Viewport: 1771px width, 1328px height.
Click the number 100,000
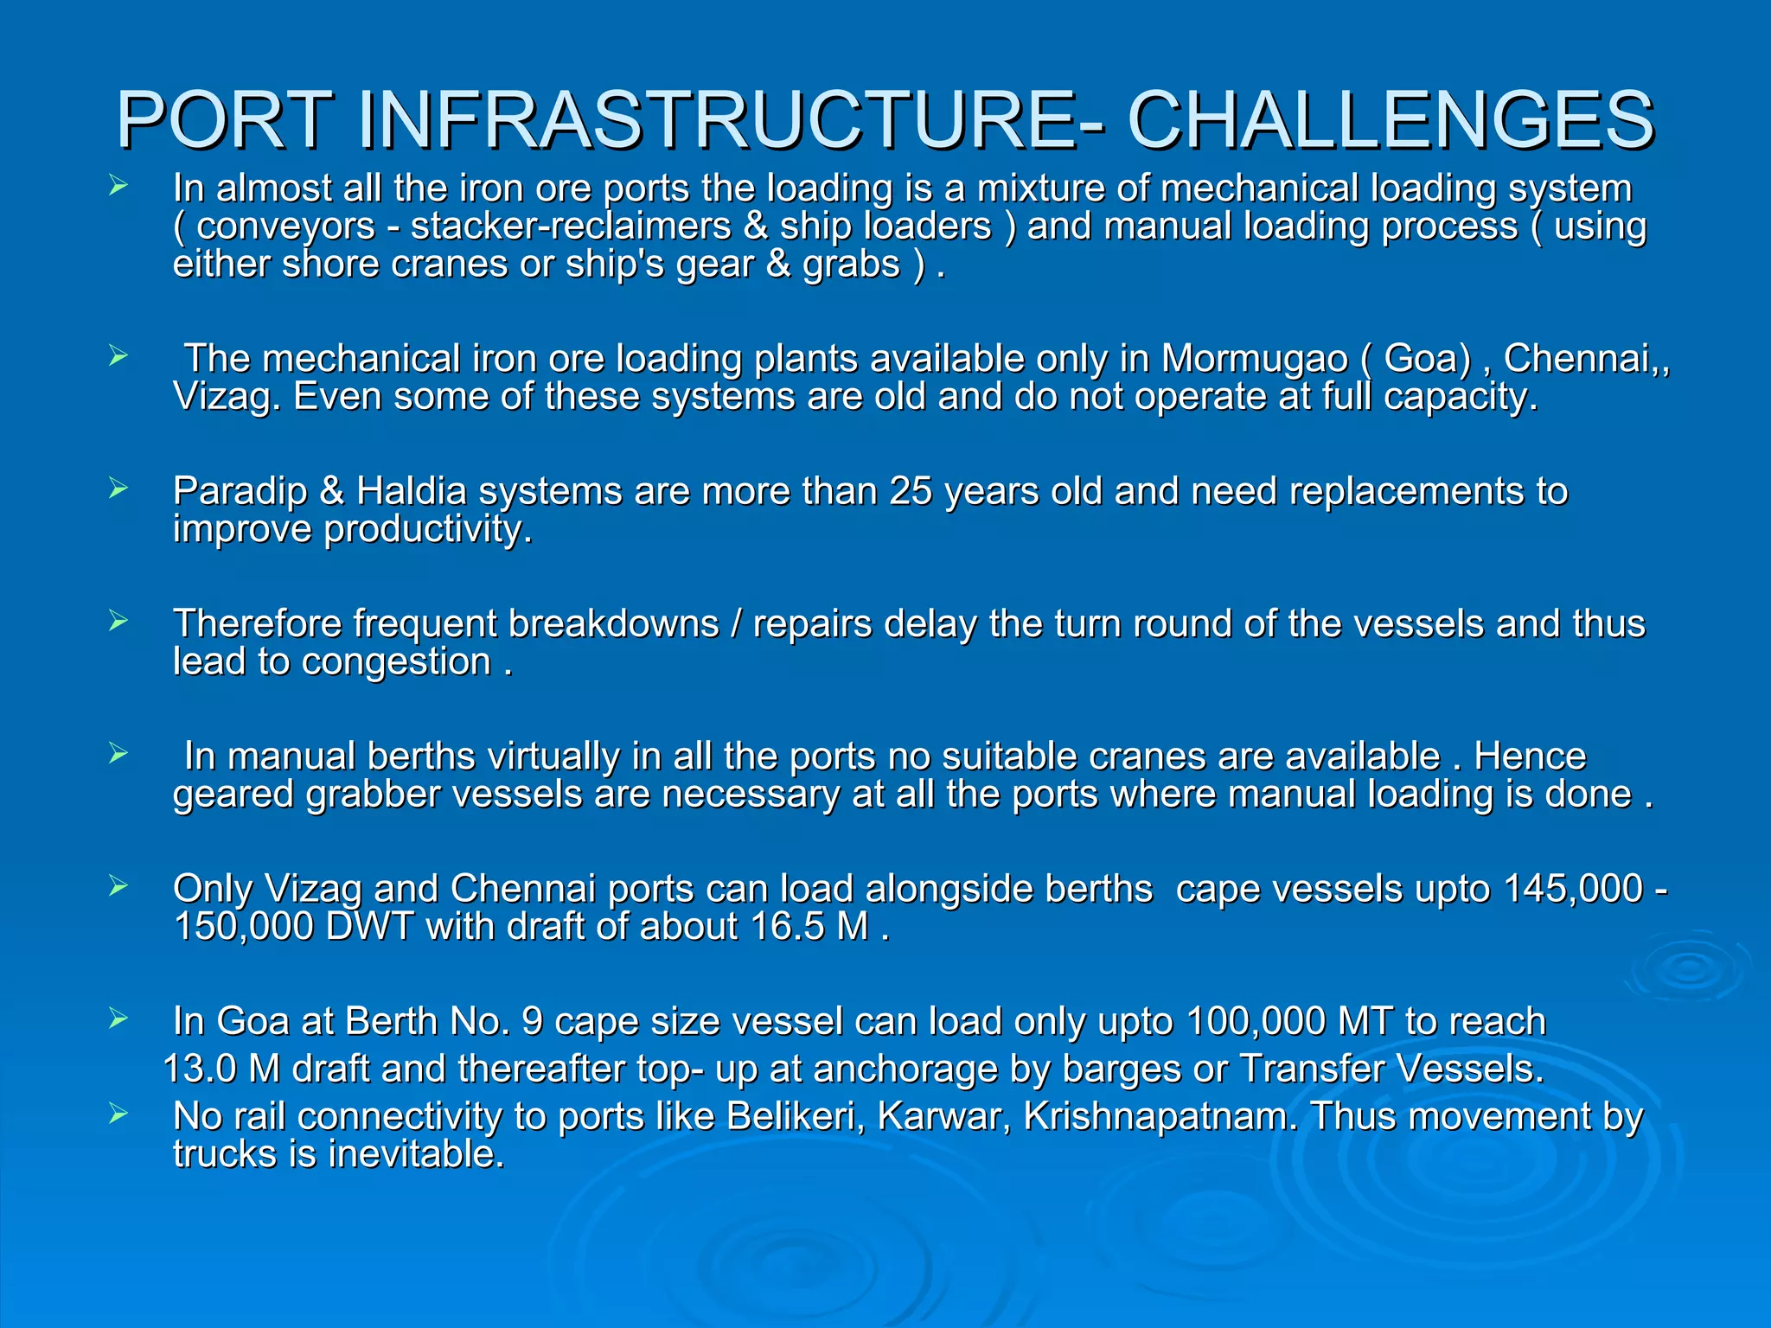point(1256,1022)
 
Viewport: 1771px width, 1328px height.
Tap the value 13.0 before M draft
point(199,1069)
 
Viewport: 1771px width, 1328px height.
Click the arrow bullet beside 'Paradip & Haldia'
point(118,489)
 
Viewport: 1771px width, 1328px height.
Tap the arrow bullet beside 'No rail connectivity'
point(118,1115)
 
